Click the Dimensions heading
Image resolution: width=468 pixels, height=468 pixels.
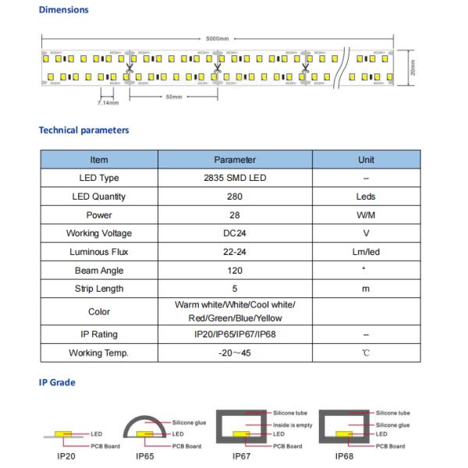coord(63,10)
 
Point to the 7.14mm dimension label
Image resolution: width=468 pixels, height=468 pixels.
coord(108,102)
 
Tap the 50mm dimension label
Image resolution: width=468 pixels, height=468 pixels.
coord(173,97)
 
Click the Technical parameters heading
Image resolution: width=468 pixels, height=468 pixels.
coord(83,130)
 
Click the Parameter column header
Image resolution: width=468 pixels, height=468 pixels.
coord(234,160)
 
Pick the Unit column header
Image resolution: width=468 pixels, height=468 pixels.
coord(365,160)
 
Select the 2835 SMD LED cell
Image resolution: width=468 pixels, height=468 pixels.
coord(234,179)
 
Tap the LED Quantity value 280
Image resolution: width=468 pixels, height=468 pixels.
coord(234,197)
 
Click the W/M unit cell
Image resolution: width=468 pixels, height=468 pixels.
coord(365,215)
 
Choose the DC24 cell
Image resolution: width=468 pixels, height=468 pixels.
coord(234,233)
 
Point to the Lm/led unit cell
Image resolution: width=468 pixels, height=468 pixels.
coord(365,252)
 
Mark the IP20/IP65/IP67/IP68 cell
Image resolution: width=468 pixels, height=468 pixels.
coord(234,334)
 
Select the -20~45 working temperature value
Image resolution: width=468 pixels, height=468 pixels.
coord(234,353)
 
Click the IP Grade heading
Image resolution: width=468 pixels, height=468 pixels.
coord(57,384)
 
